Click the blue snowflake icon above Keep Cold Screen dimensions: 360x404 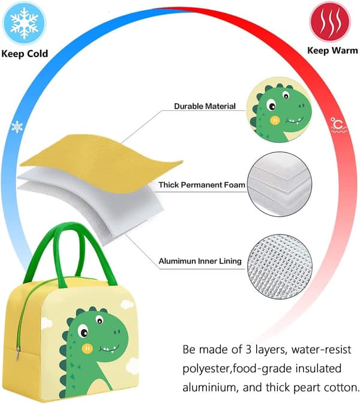pos(24,23)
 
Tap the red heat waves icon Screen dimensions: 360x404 pos(330,22)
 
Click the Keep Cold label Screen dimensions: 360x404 pos(25,54)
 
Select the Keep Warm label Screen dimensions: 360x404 pos(332,50)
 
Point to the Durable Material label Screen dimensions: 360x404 pos(205,106)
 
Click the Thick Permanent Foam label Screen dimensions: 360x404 pos(202,185)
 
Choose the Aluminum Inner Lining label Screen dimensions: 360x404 pos(200,261)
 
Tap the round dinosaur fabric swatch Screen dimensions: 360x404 pos(279,110)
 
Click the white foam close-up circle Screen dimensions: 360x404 pos(280,184)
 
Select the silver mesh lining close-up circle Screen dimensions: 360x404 pos(280,267)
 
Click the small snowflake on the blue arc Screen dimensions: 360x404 pos(17,127)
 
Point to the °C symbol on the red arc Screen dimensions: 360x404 pos(338,125)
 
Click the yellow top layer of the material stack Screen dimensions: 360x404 pos(100,160)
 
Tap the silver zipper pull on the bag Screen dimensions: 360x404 pos(17,354)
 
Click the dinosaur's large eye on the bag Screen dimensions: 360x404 pos(83,331)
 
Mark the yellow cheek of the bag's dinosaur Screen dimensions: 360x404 pos(87,348)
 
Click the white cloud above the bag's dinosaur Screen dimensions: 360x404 pos(127,304)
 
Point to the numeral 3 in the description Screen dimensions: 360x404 pos(248,349)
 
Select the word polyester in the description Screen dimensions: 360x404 pos(207,369)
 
